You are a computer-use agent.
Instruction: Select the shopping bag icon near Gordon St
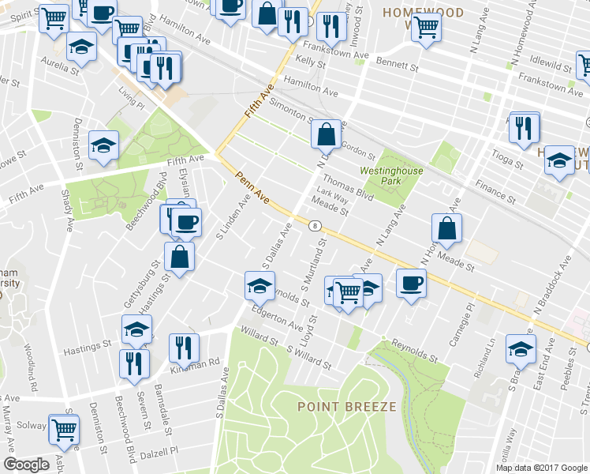pyautogui.click(x=326, y=135)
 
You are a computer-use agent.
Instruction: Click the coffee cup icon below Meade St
pyautogui.click(x=410, y=283)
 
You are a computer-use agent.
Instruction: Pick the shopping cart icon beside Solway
pyautogui.click(x=64, y=430)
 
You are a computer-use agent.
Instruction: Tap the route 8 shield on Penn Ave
pyautogui.click(x=316, y=226)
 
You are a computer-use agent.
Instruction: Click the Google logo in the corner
pyautogui.click(x=26, y=465)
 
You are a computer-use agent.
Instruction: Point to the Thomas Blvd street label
pyautogui.click(x=347, y=186)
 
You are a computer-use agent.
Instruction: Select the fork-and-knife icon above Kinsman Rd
pyautogui.click(x=182, y=346)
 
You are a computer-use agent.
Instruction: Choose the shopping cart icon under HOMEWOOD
pyautogui.click(x=426, y=27)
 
